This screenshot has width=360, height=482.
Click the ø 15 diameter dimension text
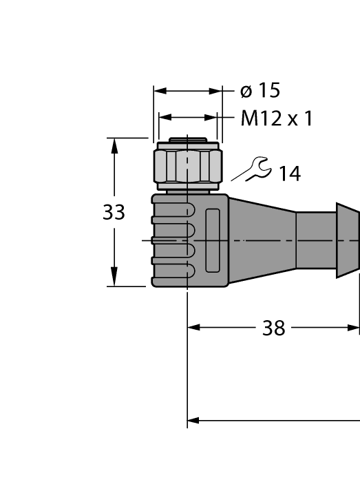click(260, 91)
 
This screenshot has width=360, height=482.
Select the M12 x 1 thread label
click(277, 118)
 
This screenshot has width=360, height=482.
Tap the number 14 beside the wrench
click(289, 174)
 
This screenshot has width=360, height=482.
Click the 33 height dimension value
click(114, 213)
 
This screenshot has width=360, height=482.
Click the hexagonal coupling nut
click(188, 166)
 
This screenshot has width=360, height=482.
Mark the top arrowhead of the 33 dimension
click(114, 146)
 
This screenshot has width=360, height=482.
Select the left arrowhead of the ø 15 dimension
click(160, 91)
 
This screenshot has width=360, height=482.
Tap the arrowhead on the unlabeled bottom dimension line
click(194, 419)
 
